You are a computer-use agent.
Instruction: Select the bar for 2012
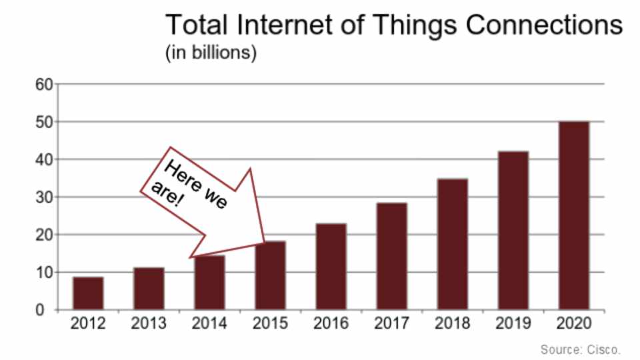tap(88, 293)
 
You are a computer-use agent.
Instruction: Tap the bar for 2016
tap(331, 267)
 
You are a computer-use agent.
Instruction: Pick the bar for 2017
tap(391, 257)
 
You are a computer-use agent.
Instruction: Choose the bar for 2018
tap(453, 244)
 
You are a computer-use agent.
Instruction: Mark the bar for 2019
tap(513, 231)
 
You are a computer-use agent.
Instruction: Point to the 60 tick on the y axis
tap(44, 85)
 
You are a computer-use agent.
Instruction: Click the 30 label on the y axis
tap(44, 197)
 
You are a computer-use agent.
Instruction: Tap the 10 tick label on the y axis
tap(44, 273)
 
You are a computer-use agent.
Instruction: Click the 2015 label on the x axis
tap(270, 324)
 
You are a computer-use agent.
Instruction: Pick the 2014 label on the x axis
tap(209, 324)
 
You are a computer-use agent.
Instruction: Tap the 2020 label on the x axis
tap(574, 324)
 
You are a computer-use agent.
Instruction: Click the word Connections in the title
tap(543, 25)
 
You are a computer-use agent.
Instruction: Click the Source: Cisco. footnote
tap(581, 349)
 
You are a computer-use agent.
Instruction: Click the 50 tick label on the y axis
tap(44, 122)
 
